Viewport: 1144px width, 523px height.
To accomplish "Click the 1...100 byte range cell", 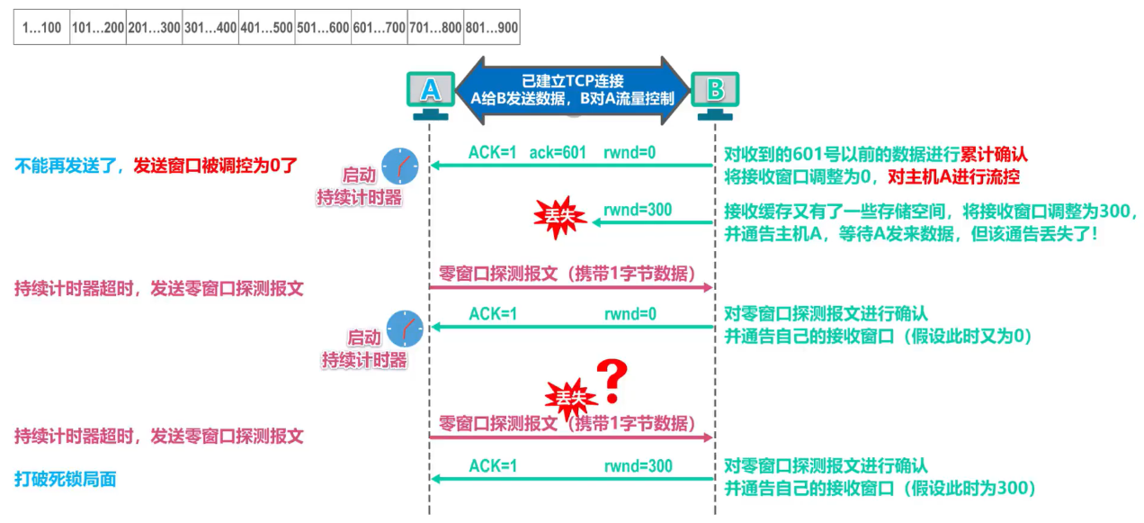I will tap(41, 28).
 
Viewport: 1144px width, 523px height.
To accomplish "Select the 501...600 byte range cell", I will tap(323, 28).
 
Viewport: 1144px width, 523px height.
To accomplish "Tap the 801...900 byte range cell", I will tap(491, 28).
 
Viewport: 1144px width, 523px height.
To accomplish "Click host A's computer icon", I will tap(431, 94).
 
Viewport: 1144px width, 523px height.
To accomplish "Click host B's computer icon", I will tap(715, 94).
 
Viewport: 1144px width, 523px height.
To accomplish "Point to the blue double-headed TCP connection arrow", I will tap(573, 88).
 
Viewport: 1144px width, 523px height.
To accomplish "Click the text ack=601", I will tap(558, 153).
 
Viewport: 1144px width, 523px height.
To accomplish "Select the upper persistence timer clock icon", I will tap(399, 164).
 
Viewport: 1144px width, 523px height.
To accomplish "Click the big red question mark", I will tap(612, 381).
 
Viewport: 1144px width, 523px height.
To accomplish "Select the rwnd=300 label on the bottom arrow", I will tap(638, 466).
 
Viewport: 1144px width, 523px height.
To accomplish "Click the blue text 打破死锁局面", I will tap(66, 480).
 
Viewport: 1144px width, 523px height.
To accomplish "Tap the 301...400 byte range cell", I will tap(210, 28).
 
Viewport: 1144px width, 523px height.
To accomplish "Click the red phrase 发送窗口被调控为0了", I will tap(215, 166).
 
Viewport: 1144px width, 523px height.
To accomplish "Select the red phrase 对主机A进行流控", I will tap(954, 176).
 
